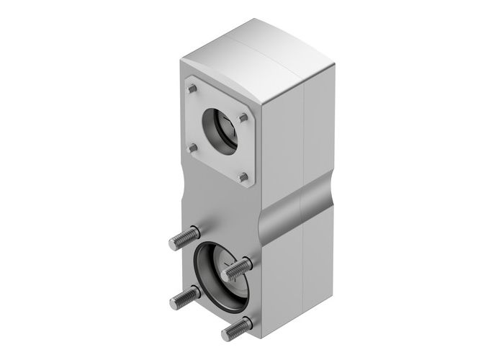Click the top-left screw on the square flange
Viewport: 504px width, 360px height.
tap(192, 89)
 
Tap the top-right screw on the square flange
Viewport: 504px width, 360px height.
tap(245, 116)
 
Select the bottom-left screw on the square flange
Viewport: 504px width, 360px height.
tap(192, 148)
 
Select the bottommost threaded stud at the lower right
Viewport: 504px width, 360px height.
tap(237, 328)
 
